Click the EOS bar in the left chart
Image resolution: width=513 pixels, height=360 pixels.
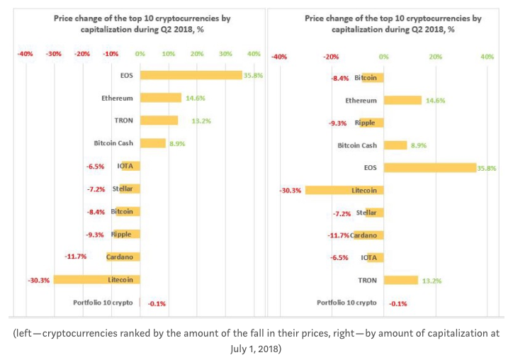(x=191, y=75)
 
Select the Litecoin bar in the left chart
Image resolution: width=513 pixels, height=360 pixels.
(x=97, y=279)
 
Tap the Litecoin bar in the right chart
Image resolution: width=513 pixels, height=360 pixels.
(x=344, y=190)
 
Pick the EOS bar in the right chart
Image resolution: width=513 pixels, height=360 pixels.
(x=430, y=167)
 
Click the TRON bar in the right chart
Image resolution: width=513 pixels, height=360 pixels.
(x=401, y=280)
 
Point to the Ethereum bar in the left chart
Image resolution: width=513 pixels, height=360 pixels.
(x=161, y=98)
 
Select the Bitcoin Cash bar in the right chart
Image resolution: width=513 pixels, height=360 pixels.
(x=395, y=145)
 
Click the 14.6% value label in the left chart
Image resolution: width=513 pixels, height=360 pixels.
(x=196, y=99)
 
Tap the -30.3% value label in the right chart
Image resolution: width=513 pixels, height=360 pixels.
(x=291, y=191)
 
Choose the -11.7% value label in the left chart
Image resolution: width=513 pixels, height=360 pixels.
(x=76, y=257)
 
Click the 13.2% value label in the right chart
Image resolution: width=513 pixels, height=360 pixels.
(x=432, y=281)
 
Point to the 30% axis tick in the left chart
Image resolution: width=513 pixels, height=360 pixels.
(x=225, y=54)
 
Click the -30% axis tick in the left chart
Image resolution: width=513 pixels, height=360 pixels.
(x=54, y=54)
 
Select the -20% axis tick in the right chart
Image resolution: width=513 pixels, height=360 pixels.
(x=331, y=57)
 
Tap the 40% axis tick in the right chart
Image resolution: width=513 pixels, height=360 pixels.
(x=487, y=57)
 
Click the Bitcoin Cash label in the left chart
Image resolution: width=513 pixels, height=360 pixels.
(x=113, y=143)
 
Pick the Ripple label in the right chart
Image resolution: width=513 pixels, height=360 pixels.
(x=365, y=123)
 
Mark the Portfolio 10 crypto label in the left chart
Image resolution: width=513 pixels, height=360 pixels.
(x=103, y=303)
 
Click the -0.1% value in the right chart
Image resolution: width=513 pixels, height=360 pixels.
(x=398, y=304)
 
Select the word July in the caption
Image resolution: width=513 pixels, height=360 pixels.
(x=239, y=349)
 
